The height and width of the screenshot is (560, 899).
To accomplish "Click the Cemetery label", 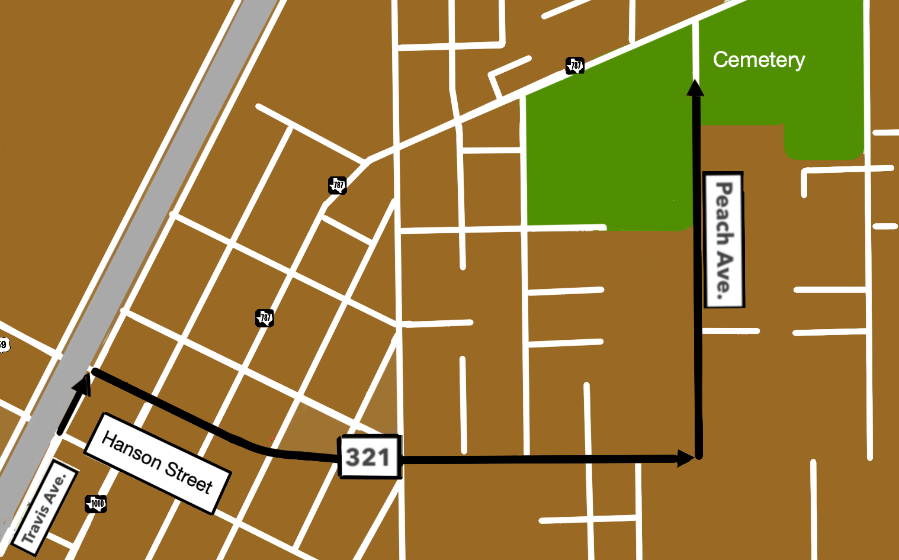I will coord(759,60).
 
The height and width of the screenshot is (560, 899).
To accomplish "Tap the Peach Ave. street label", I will coord(724,240).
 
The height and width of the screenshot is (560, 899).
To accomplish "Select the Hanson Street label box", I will coord(157,463).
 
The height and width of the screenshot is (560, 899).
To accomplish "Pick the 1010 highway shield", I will coord(96,504).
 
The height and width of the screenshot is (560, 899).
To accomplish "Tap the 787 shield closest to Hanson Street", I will coord(265,318).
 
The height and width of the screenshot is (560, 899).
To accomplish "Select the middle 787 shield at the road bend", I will coord(338,185).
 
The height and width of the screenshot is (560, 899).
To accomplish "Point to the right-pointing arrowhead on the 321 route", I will coord(685,458).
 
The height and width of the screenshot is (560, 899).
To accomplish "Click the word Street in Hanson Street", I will coord(188,477).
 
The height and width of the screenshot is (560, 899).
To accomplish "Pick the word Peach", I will coord(724,213).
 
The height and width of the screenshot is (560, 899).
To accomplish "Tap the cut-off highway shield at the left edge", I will coord(4,344).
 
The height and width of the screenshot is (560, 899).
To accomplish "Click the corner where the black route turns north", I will coord(699,456).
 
